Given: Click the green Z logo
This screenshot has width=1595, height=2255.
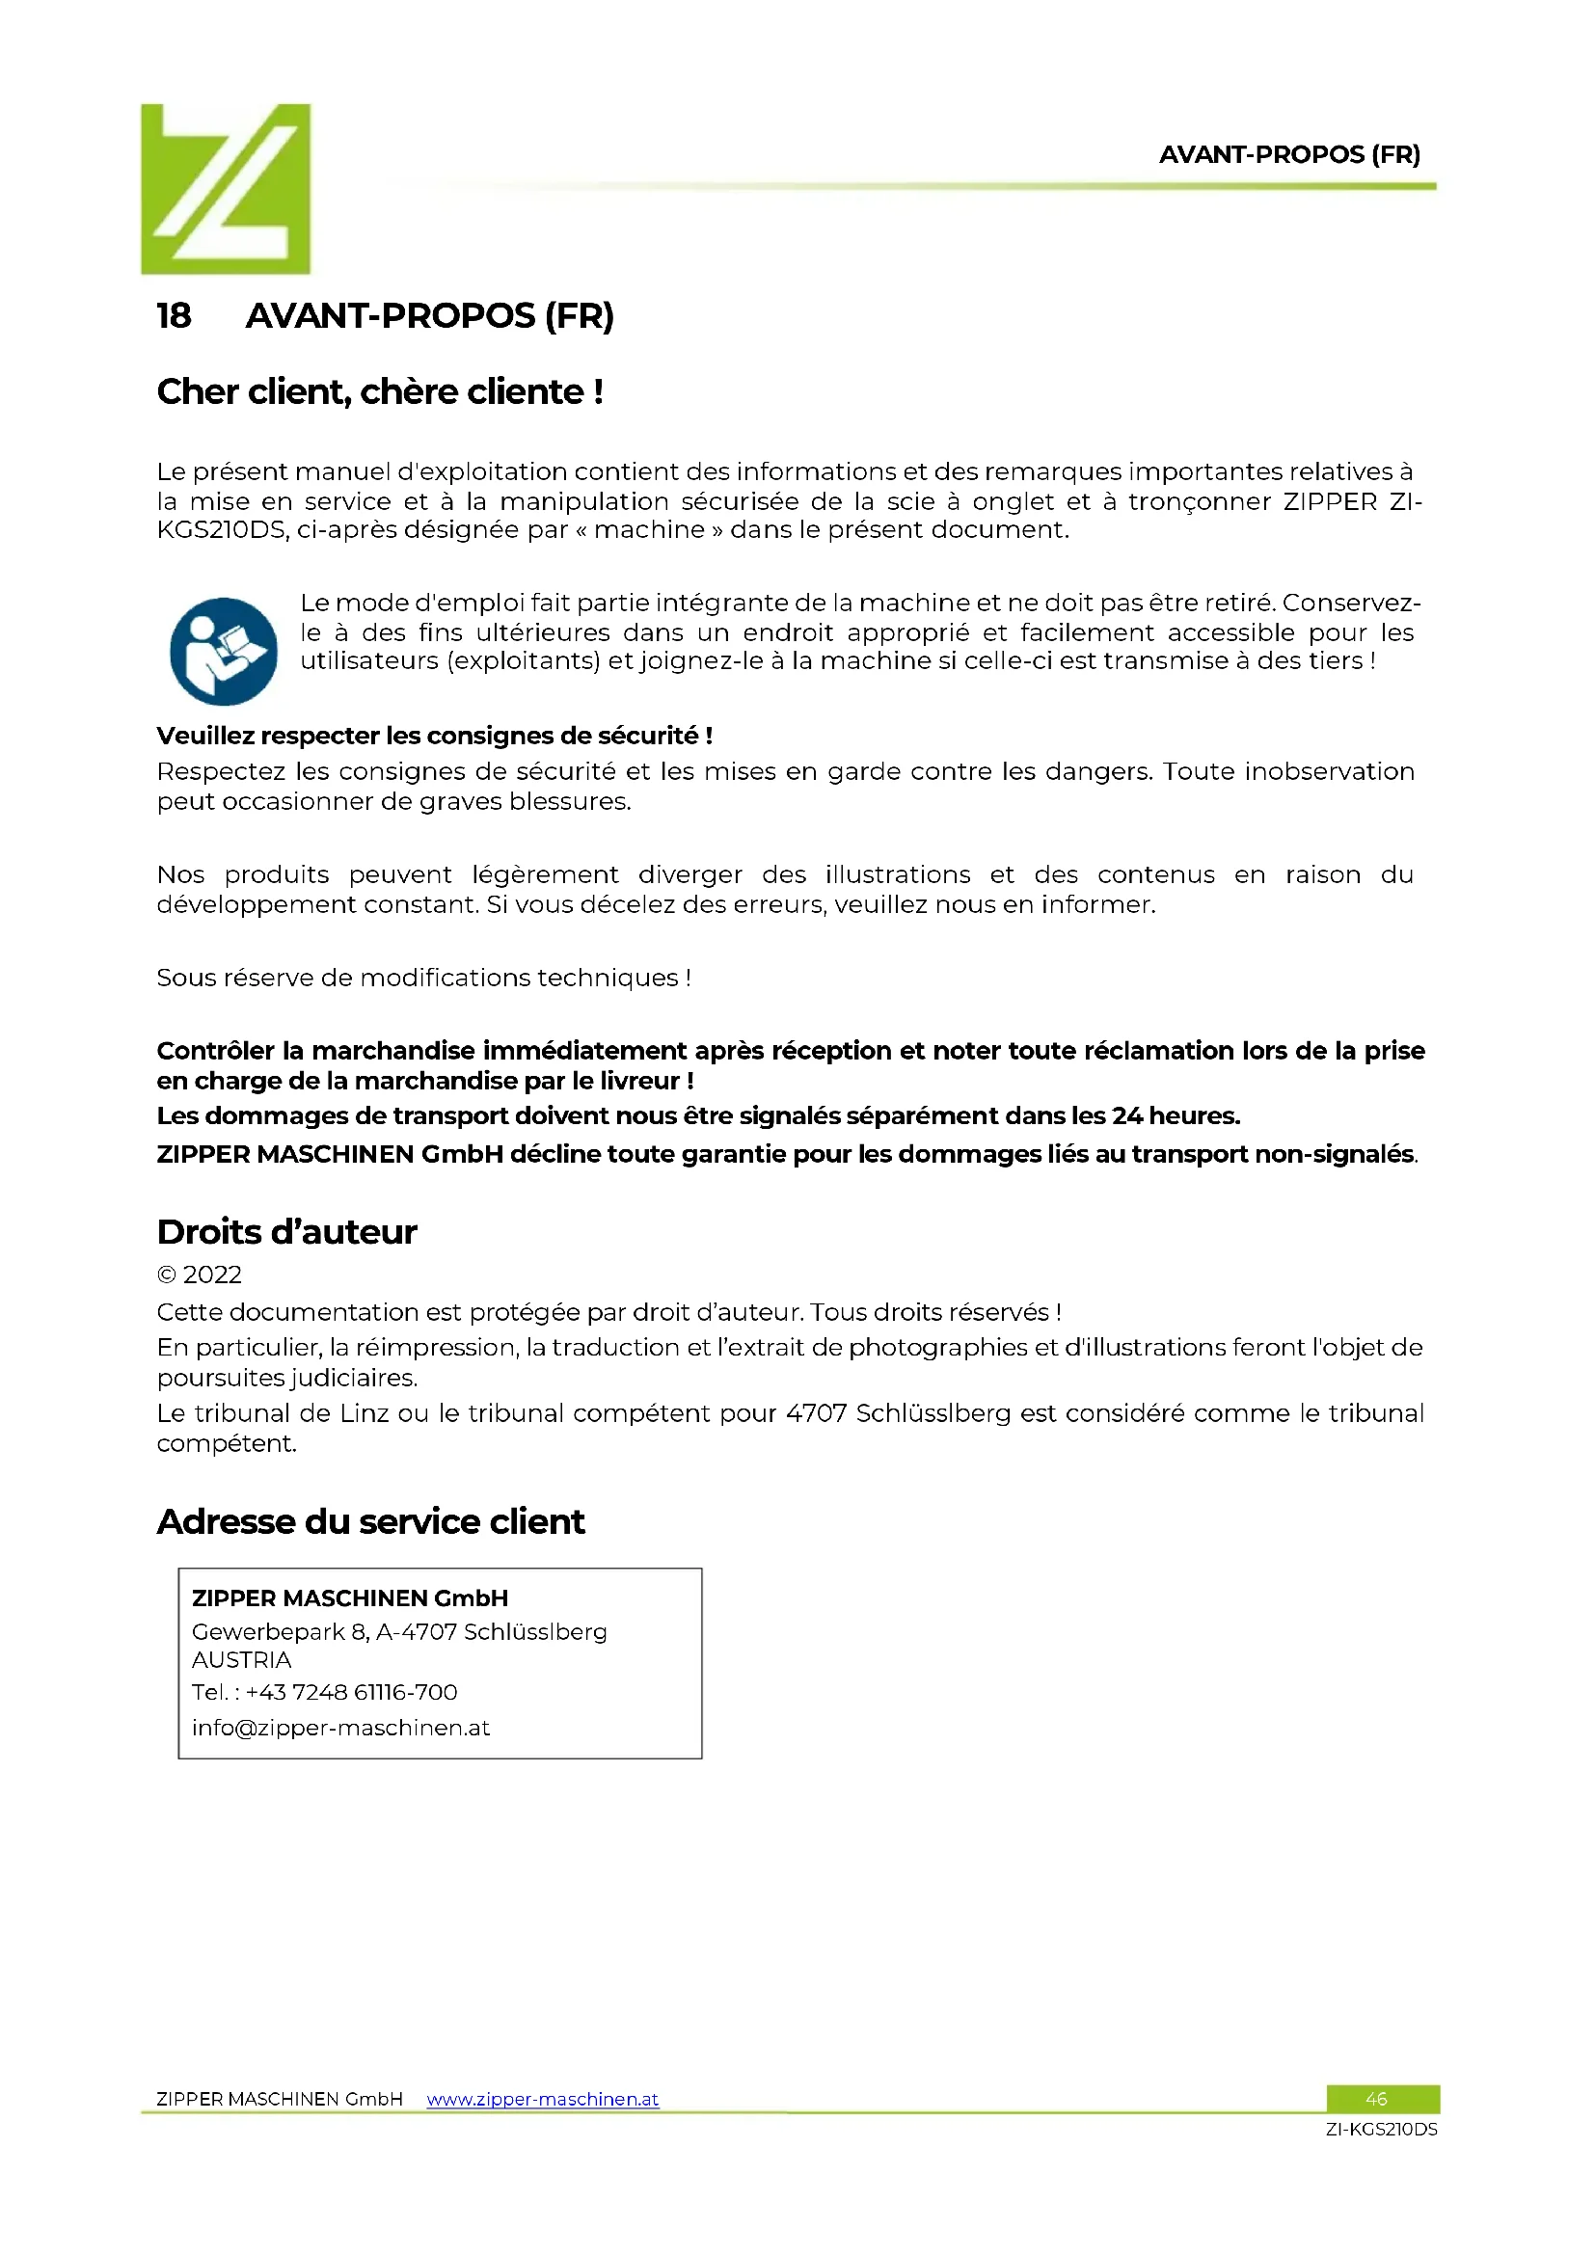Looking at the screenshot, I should tap(225, 189).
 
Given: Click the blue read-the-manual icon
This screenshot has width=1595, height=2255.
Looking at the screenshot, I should tap(223, 651).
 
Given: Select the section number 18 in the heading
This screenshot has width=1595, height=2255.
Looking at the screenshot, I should tap(174, 316).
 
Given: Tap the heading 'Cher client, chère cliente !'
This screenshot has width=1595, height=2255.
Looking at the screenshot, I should tap(380, 391).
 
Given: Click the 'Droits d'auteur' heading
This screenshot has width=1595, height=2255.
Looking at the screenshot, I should tap(286, 1231).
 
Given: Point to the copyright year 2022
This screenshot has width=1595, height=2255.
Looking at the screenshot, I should tap(211, 1275).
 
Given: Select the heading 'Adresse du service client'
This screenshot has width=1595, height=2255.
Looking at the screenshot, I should tap(370, 1521).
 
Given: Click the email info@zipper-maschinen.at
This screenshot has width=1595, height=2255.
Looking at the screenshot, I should tap(339, 1728).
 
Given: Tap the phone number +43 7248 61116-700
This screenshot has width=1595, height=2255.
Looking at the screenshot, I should tap(351, 1692).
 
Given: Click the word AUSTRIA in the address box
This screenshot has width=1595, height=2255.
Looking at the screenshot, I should tap(242, 1660).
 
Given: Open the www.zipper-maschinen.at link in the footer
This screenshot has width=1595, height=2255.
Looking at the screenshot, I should tap(542, 2099).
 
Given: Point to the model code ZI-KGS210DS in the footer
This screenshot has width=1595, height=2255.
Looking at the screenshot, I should tap(1381, 2130).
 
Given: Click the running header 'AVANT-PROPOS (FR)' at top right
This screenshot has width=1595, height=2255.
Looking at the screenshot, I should tap(1288, 155).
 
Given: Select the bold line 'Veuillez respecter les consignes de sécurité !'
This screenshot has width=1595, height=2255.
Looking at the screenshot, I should tap(434, 736).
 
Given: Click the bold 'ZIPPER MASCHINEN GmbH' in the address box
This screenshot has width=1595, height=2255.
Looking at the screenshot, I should tap(350, 1597).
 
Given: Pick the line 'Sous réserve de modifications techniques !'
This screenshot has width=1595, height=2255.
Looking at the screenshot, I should tap(423, 979).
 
